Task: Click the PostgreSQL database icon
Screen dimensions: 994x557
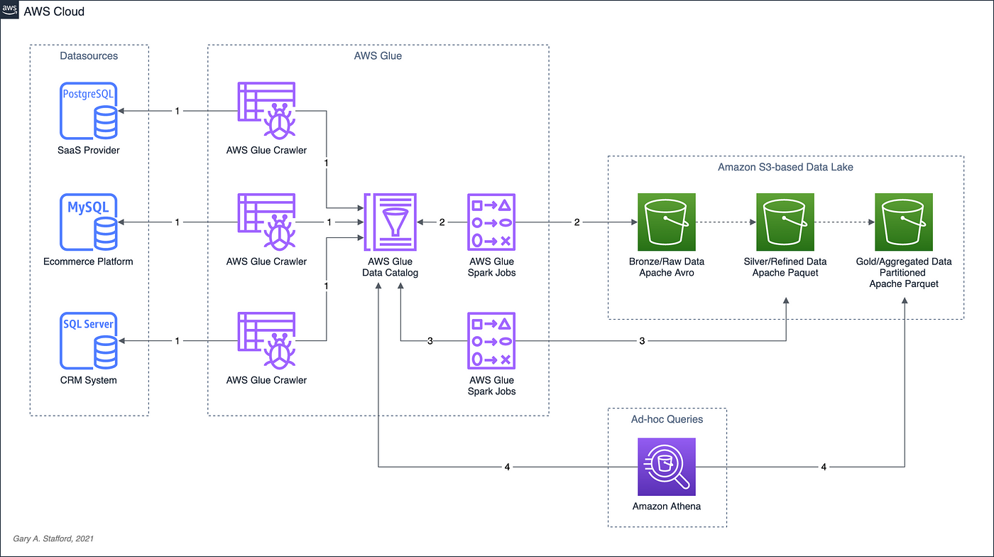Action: (89, 111)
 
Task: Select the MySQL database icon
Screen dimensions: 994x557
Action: (89, 222)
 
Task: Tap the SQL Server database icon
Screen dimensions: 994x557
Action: (89, 341)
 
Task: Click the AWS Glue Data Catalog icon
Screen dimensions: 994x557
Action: (390, 222)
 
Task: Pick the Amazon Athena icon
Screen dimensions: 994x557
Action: (667, 467)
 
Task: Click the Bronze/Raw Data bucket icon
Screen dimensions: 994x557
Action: (667, 222)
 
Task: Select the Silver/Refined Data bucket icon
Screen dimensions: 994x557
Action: (785, 222)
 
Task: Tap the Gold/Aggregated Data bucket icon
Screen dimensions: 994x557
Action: (904, 222)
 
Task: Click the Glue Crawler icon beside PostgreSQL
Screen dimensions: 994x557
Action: (267, 111)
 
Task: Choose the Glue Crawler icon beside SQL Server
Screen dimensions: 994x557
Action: (267, 341)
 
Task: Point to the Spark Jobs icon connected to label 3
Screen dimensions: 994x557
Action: (491, 341)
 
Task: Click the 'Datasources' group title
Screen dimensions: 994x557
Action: (89, 56)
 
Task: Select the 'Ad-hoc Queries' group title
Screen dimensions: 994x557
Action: (667, 419)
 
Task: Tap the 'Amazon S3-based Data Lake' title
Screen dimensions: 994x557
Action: (785, 167)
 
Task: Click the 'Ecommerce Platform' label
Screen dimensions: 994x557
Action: (88, 261)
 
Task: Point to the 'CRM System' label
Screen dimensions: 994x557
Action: (89, 380)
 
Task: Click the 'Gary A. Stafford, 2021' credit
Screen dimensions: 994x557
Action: (53, 539)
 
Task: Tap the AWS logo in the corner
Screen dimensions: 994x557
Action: (9, 9)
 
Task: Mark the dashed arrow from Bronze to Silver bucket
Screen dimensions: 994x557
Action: (726, 222)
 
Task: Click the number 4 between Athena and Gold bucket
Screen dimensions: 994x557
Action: (824, 467)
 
